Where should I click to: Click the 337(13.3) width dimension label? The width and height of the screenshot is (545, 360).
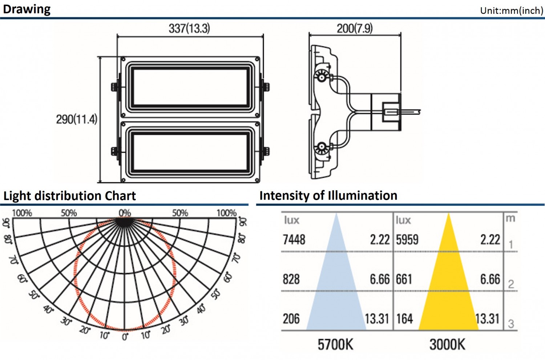[x=189, y=28]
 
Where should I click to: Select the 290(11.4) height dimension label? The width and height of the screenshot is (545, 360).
[x=77, y=119]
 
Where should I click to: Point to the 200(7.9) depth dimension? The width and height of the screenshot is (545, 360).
[x=355, y=28]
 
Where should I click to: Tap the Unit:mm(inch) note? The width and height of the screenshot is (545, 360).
[x=512, y=11]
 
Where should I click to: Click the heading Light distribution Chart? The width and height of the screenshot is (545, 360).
[x=70, y=196]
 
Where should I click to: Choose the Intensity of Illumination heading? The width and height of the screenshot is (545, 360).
[x=328, y=195]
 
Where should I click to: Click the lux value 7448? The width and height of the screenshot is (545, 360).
[x=294, y=239]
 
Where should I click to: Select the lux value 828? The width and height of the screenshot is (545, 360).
[x=291, y=279]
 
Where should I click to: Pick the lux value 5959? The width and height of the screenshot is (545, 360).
[x=407, y=239]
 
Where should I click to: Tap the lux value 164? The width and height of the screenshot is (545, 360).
[x=405, y=319]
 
